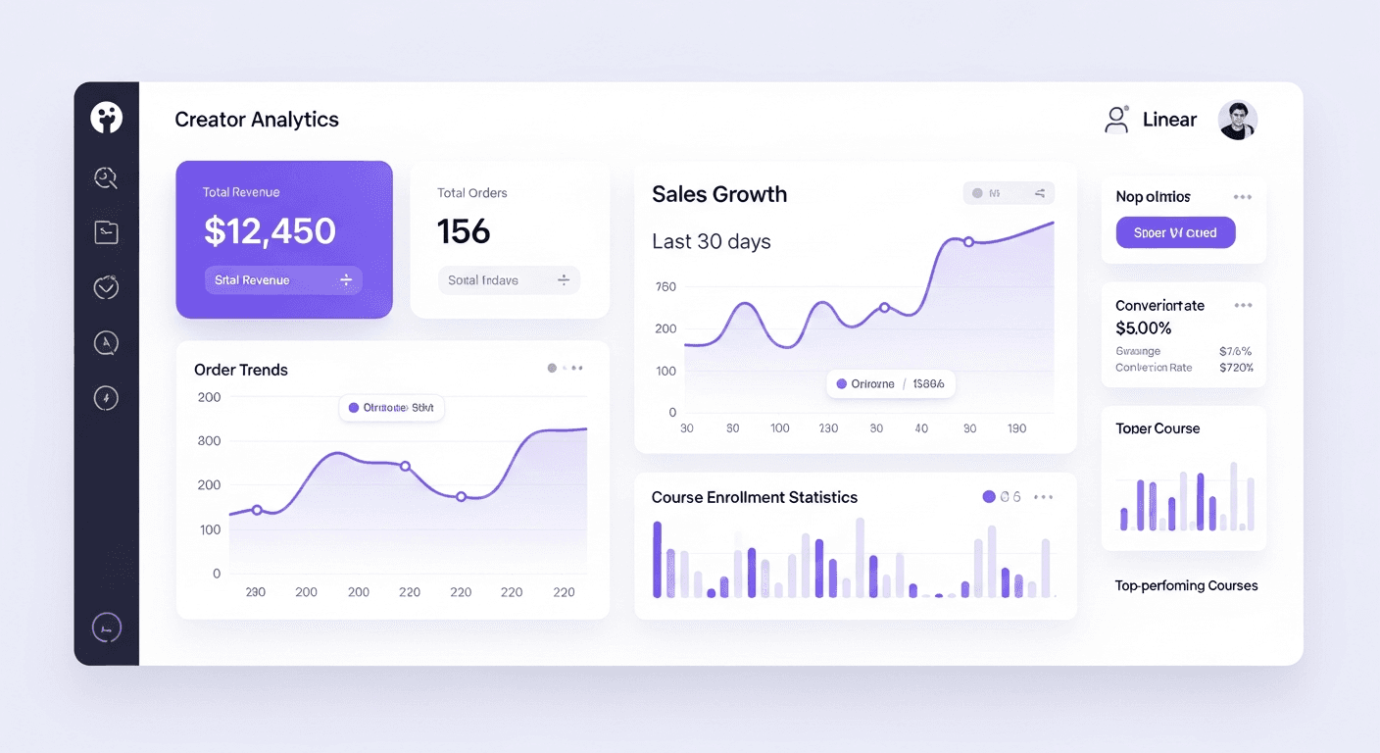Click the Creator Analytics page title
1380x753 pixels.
[257, 120]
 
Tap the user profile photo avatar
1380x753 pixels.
[1237, 121]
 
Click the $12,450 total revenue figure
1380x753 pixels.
[270, 231]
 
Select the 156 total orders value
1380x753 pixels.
[464, 231]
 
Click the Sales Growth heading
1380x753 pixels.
[719, 194]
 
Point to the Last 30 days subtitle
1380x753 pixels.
[711, 241]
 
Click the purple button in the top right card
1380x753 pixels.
[1175, 232]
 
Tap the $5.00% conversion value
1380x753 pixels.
[1143, 328]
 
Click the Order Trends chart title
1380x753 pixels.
[241, 370]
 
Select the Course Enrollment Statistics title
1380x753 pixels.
[754, 497]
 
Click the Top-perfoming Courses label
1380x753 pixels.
[1186, 585]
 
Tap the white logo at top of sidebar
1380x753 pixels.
[106, 118]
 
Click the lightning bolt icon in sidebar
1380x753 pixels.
[106, 397]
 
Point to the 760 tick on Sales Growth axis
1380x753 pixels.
[665, 287]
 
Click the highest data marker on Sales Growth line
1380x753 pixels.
[968, 241]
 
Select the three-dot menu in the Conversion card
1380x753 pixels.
[1243, 306]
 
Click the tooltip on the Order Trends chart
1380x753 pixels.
[392, 408]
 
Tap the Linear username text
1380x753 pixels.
[1169, 120]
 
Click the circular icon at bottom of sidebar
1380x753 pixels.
[106, 627]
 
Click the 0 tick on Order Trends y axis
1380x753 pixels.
[217, 574]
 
